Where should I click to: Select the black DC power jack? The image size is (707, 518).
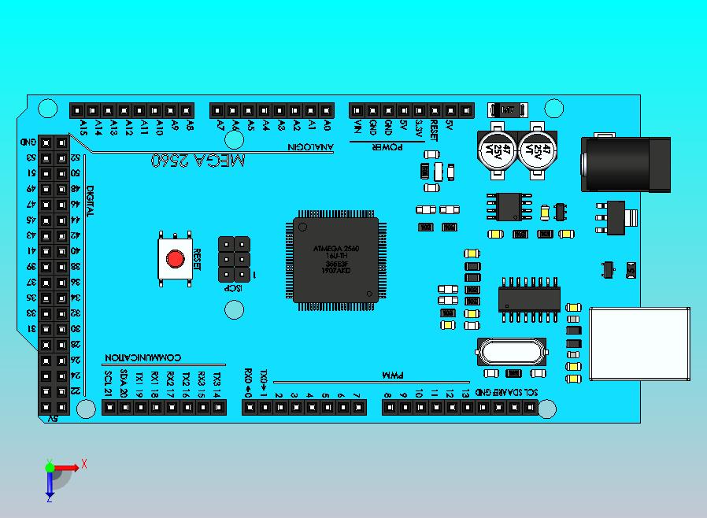coord(626,164)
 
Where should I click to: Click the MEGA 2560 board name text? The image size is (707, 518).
coord(197,160)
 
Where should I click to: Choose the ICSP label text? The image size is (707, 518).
coord(235,289)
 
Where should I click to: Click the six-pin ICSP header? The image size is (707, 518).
coord(234,259)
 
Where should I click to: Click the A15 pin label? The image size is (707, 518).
coord(83,128)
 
